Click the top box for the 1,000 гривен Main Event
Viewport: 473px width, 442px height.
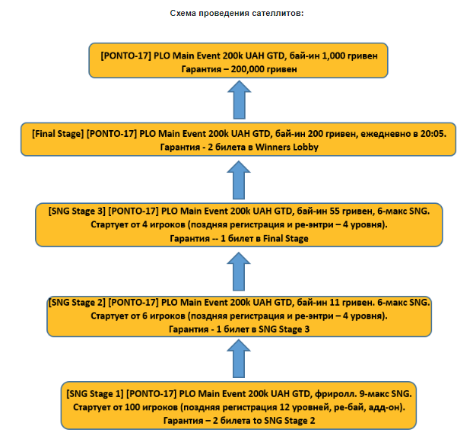tap(239, 62)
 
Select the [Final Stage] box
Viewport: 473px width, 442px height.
tap(239, 142)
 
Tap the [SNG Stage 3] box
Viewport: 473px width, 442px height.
tap(239, 224)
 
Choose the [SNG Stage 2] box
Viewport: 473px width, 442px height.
tap(239, 316)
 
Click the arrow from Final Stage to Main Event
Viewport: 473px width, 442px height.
tap(239, 100)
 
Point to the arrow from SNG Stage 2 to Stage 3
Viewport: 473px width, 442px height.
tap(239, 271)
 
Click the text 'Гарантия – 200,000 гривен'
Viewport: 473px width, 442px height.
tap(239, 69)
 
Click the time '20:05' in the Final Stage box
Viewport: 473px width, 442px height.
tap(431, 134)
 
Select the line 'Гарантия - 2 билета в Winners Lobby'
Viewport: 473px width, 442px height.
tap(239, 148)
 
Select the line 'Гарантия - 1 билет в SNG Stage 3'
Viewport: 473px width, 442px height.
tap(239, 329)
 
